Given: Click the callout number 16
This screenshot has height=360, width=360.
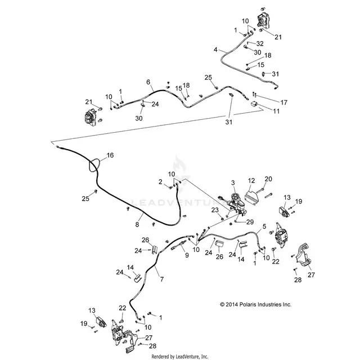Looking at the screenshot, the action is [110, 155].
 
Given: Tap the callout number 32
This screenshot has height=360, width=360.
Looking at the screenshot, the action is [260, 44].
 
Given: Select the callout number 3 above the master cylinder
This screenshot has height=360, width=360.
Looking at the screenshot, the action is [233, 183].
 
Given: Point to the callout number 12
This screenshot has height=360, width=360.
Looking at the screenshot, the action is [251, 181].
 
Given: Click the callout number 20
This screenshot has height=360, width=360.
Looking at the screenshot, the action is [268, 179].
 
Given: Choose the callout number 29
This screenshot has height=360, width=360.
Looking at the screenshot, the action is [250, 222].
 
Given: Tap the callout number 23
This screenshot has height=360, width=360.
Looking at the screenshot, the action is [215, 210].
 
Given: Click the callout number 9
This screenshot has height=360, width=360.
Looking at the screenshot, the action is [187, 255].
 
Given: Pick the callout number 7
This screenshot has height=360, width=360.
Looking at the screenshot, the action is [162, 279].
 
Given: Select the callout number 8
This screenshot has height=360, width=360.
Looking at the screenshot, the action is [137, 224].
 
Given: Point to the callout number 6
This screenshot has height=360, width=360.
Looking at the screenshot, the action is [148, 82].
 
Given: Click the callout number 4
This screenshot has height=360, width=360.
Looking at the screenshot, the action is [215, 49].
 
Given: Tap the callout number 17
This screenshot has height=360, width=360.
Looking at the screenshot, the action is [284, 102].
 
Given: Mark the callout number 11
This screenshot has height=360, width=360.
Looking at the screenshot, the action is [276, 111].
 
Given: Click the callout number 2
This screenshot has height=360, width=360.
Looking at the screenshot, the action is [160, 182].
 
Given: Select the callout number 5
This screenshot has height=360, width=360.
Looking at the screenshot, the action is [264, 226].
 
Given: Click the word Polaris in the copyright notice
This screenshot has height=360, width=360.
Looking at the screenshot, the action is [248, 304].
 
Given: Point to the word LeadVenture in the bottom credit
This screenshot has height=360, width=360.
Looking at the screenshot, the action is [185, 357].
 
